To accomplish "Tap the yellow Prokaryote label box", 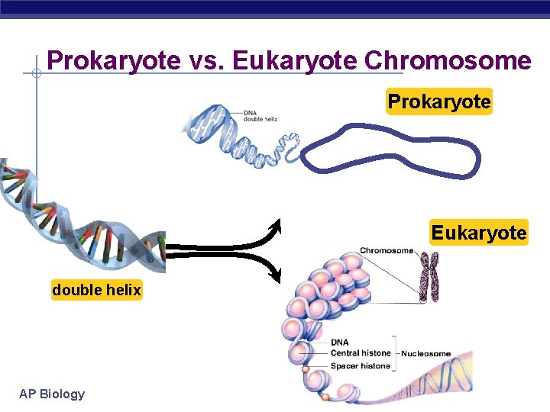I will [x=439, y=101].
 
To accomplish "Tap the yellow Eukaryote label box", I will [x=479, y=232].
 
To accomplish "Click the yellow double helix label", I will [x=96, y=290].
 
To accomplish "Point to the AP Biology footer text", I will [x=52, y=394].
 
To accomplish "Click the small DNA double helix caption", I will [x=260, y=116].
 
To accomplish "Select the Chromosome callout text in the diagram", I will [x=386, y=250].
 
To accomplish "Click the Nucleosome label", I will [x=425, y=353].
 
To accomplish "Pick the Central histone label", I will [x=360, y=353].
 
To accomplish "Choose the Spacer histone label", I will [x=360, y=365].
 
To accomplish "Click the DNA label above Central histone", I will [x=339, y=343].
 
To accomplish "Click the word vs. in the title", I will [x=208, y=60].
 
